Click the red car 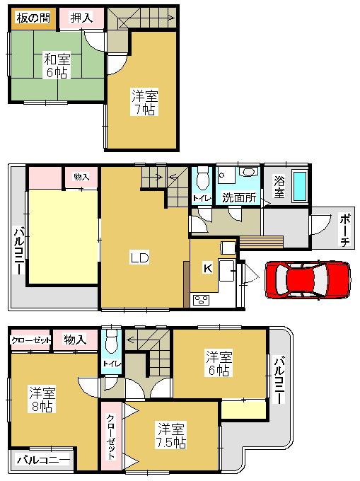pyautogui.click(x=307, y=279)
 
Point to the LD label pyautogui.click(x=139, y=257)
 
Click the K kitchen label pyautogui.click(x=208, y=269)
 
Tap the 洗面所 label pyautogui.click(x=238, y=197)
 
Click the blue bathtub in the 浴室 pyautogui.click(x=300, y=186)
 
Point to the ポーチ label pyautogui.click(x=344, y=231)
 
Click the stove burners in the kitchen pyautogui.click(x=199, y=300)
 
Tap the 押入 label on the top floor pyautogui.click(x=80, y=18)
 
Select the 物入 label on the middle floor pyautogui.click(x=81, y=177)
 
